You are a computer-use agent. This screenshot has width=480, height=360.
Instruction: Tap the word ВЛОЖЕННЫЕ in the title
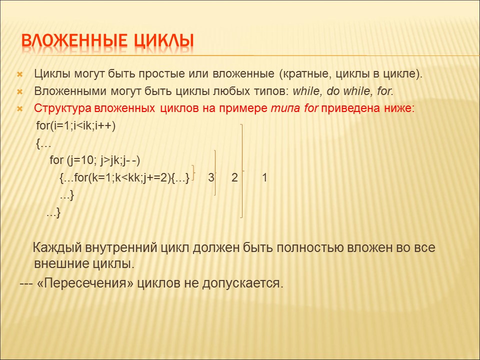click(74, 41)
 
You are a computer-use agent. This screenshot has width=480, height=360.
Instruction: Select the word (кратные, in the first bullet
click(305, 74)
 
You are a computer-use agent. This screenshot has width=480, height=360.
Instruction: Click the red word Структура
click(63, 108)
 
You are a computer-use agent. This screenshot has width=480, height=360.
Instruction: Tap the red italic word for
click(311, 108)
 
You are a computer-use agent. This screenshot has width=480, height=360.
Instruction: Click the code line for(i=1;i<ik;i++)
click(76, 126)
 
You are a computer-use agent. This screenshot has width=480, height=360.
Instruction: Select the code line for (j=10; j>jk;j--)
click(95, 160)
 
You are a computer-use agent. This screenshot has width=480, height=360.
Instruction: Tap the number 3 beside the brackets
click(211, 177)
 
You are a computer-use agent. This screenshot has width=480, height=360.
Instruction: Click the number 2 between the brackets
click(234, 177)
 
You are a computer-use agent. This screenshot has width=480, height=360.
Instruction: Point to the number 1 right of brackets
click(264, 177)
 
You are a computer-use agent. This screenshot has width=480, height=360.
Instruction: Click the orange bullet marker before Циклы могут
click(20, 74)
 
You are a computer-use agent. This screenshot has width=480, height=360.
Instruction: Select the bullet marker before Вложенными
click(20, 91)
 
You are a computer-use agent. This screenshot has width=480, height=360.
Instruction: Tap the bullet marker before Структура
click(20, 108)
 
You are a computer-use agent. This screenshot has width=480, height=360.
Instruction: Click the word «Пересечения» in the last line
click(85, 283)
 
